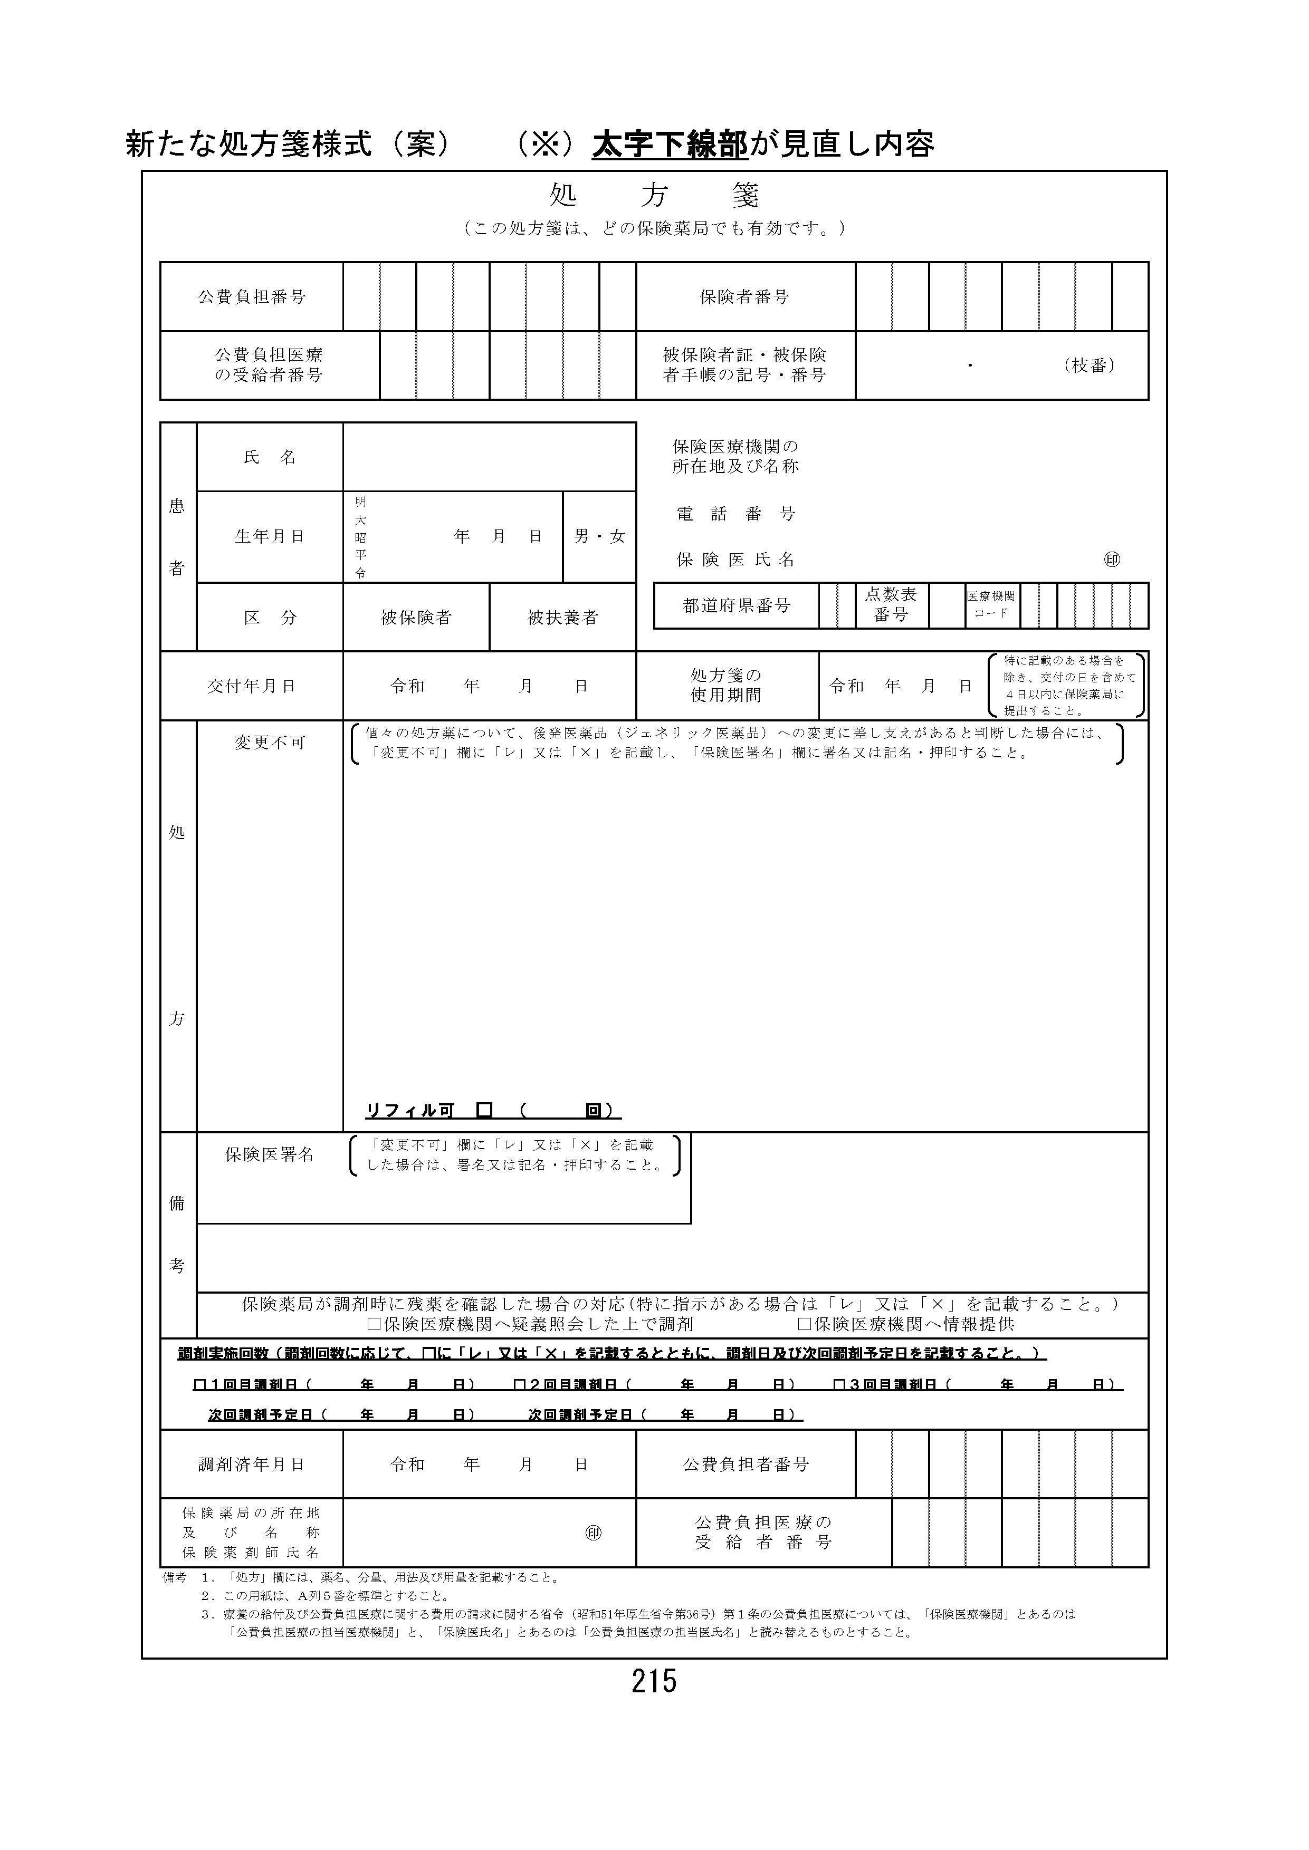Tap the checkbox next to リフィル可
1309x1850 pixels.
coord(484,1110)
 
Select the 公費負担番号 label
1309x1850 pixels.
coord(252,296)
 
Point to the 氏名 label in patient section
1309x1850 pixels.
coord(270,457)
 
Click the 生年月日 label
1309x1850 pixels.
coord(270,537)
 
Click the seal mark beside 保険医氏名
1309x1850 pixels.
coord(1112,559)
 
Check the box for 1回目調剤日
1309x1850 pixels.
coord(200,1384)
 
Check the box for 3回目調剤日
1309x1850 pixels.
coord(839,1384)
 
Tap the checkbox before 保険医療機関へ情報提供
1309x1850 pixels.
coord(804,1324)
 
